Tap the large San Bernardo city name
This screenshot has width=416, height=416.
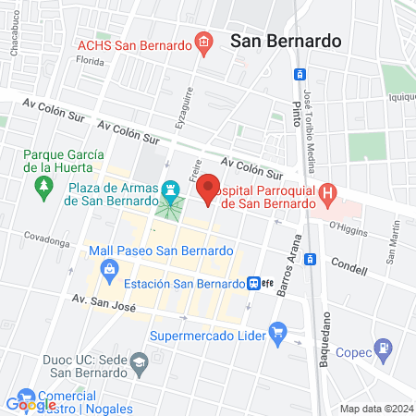286,41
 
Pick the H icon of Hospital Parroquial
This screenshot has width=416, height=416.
327,193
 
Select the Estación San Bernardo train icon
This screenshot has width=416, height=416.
253,284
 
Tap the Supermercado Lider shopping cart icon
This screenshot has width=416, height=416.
276,331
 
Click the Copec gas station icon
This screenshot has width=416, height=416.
381,349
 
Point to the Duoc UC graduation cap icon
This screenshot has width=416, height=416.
139,360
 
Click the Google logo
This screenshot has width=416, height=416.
31,404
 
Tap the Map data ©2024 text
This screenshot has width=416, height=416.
376,408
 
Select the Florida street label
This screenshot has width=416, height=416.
91,61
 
